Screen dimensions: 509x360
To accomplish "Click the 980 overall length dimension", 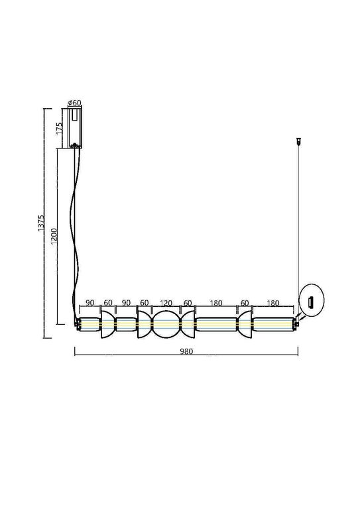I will coord(186,352).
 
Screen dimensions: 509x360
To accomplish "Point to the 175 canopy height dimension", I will coord(59,129).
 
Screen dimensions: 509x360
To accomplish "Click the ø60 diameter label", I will coord(75,103).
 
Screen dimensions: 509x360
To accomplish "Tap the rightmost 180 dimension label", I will coord(273,302).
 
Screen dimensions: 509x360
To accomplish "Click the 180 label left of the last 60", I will coord(215,302).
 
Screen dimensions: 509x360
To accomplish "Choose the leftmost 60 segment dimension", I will coord(108,302).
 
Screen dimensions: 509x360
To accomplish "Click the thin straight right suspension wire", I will coord(300,219).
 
